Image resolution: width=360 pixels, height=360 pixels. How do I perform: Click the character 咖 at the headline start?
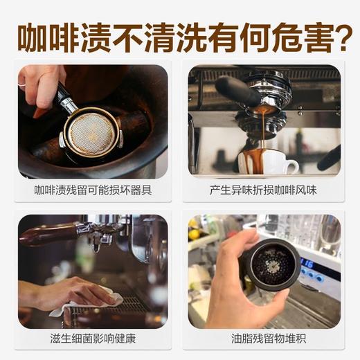pos(33,38)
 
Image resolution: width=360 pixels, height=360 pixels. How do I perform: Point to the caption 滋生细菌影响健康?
pos(93,339)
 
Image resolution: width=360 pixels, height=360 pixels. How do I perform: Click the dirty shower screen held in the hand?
pos(272,264)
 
